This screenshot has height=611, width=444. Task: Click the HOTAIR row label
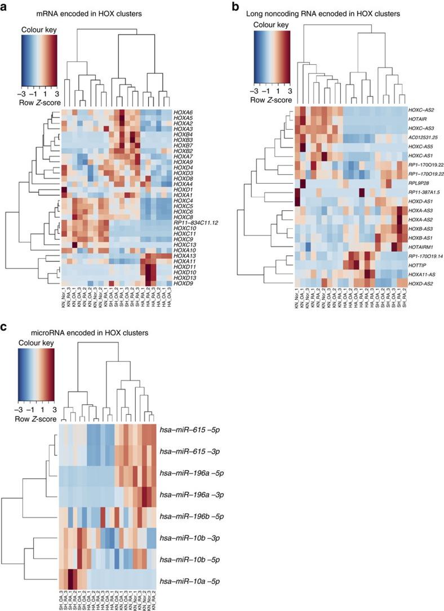click(418, 119)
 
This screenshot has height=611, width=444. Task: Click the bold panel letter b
click(236, 7)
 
